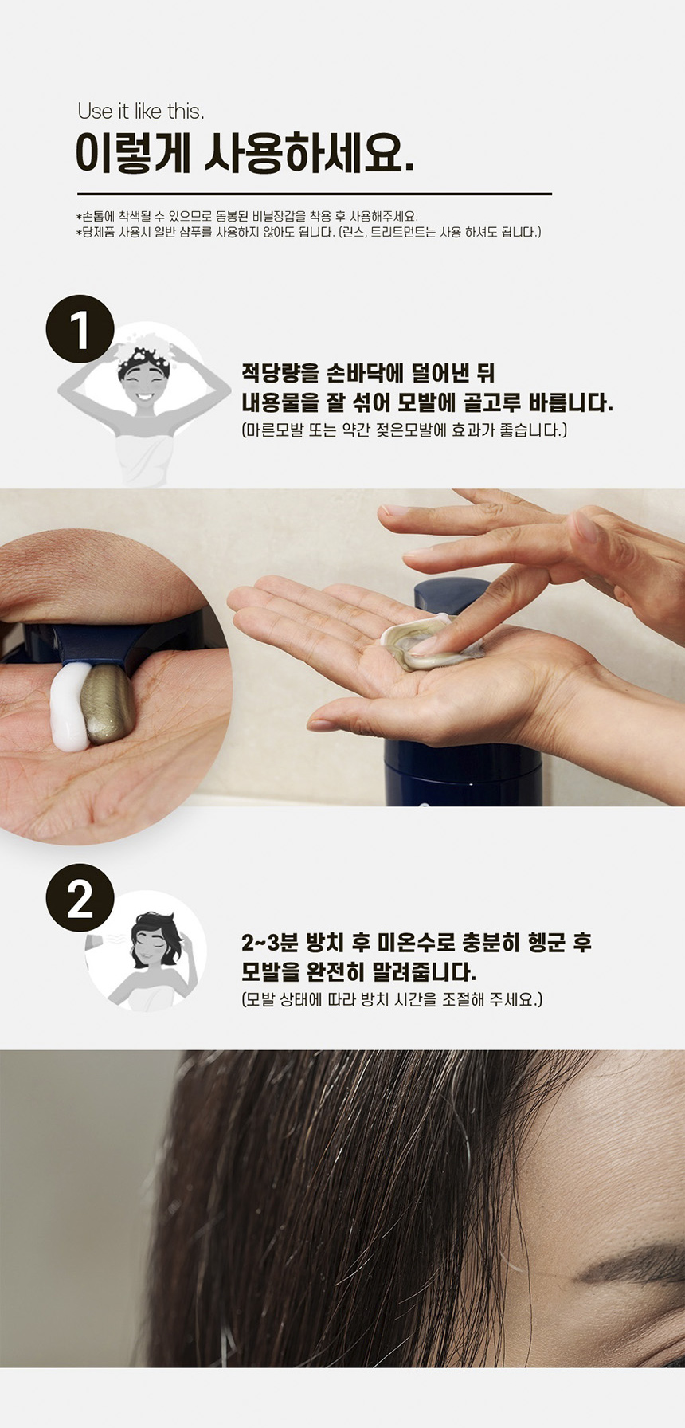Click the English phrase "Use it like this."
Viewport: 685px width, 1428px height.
point(141,112)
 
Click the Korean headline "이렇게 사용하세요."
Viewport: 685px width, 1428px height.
point(245,153)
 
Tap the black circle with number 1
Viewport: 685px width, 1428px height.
point(80,329)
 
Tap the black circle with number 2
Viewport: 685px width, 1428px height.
point(80,898)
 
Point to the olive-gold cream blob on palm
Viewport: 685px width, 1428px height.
point(108,704)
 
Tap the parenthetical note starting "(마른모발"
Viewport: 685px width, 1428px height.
point(404,430)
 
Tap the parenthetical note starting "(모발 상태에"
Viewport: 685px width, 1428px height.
point(392,999)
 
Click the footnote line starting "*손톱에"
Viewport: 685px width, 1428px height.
point(247,217)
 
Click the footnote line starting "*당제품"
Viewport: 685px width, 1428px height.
point(309,233)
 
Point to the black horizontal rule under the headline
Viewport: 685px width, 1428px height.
point(315,194)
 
